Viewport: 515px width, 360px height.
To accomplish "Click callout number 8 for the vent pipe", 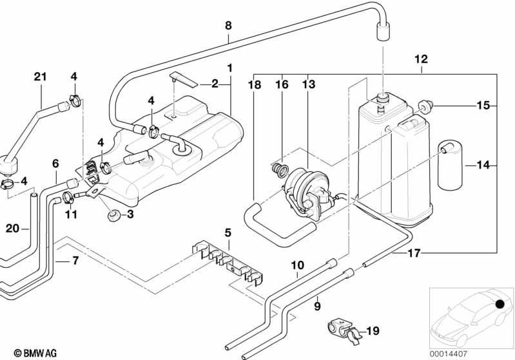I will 228,26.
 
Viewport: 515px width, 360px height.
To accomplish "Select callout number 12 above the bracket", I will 421,60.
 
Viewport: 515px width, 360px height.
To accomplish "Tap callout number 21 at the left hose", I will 41,79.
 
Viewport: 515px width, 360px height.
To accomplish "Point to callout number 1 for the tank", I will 229,67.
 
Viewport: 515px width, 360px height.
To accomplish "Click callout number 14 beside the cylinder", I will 483,166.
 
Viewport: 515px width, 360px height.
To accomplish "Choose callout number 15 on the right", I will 483,104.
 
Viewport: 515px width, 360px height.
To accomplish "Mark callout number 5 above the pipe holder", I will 228,232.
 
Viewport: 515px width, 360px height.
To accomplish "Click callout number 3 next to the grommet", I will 130,214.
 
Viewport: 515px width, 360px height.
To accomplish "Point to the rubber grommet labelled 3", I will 113,213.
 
